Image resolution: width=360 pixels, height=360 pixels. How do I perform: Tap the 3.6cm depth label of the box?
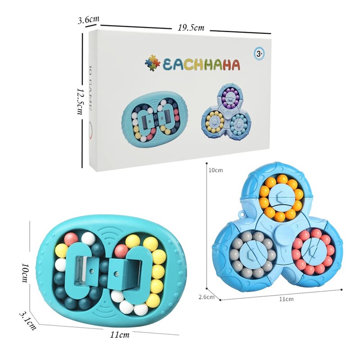click(x=88, y=20)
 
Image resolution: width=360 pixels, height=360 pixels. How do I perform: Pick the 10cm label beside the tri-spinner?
click(x=215, y=171)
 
